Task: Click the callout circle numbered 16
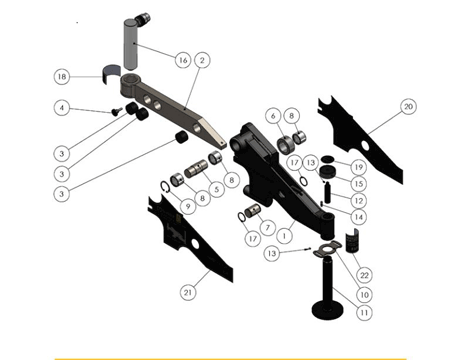click(x=182, y=60)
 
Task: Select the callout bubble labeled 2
click(x=202, y=60)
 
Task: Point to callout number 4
click(x=62, y=107)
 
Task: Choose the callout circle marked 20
click(x=408, y=105)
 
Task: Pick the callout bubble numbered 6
click(x=272, y=116)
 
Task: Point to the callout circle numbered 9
click(x=187, y=207)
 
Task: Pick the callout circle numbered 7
click(x=266, y=229)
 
